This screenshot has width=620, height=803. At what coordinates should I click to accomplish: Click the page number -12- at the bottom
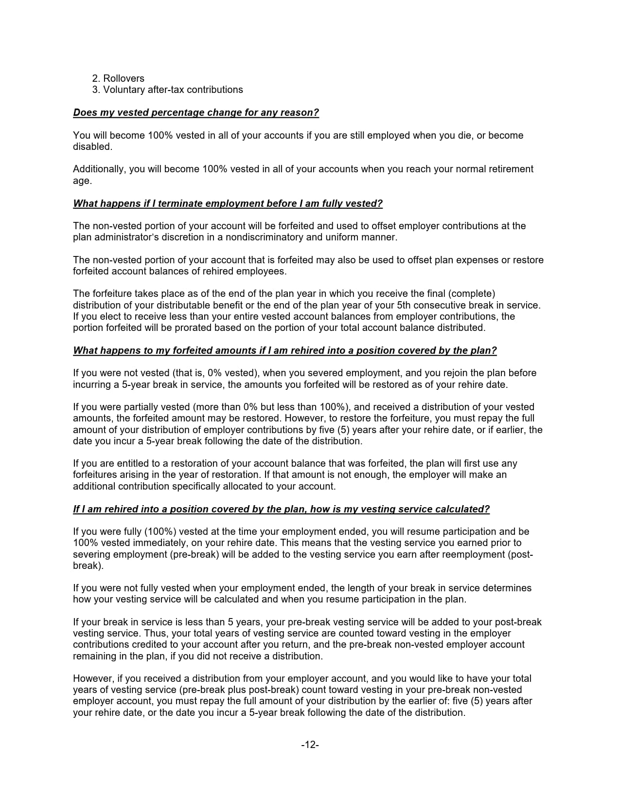pos(310,745)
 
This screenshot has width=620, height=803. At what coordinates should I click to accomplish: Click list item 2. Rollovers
pos(118,78)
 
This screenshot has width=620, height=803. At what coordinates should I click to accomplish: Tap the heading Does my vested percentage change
pos(195,112)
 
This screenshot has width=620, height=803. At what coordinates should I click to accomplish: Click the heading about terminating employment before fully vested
pos(228,203)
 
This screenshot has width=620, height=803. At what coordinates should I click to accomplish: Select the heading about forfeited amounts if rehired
pos(284,350)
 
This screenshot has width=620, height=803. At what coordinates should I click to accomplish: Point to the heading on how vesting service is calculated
pos(281,509)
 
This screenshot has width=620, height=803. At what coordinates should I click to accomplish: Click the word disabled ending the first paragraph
pos(92,146)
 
